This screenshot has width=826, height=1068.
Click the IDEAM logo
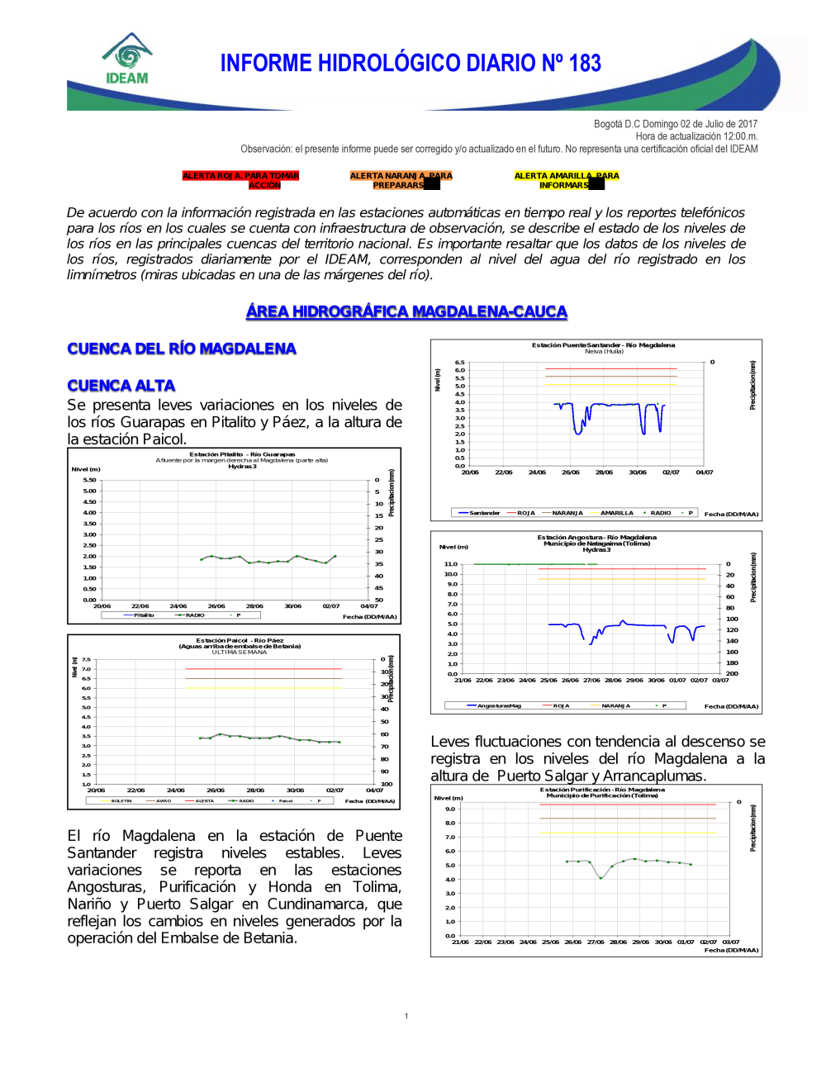126,59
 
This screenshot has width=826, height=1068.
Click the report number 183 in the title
585,64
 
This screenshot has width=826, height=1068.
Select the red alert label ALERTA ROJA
240,180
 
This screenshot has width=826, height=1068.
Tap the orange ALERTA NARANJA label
401,180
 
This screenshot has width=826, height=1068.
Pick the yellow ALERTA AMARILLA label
566,180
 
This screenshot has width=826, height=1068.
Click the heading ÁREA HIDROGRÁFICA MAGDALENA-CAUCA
406,311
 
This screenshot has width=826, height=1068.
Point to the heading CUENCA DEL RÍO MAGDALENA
182,349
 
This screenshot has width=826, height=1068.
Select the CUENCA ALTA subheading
121,386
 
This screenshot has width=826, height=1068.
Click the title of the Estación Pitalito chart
242,454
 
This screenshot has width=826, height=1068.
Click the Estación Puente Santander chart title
603,345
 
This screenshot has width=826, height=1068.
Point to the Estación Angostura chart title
596,538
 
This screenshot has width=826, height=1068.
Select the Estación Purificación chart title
602,790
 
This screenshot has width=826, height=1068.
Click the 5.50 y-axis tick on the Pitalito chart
89,480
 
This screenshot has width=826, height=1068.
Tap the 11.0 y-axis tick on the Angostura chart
450,564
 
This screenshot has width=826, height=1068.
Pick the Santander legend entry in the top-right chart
479,513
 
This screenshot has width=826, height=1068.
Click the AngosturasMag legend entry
494,706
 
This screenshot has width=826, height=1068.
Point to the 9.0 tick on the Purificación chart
450,809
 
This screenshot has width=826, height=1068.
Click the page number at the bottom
406,1016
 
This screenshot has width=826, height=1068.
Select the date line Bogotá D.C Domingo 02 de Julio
675,124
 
